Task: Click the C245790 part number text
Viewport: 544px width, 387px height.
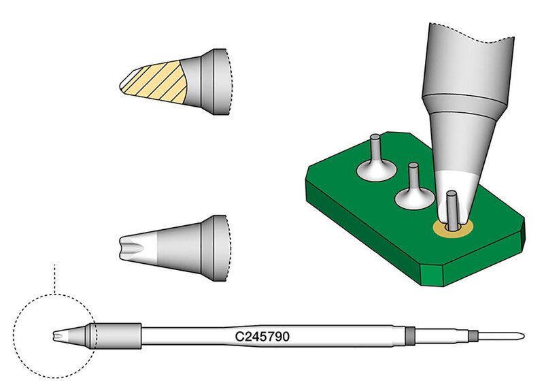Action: (x=262, y=336)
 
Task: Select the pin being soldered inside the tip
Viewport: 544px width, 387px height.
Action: (x=452, y=210)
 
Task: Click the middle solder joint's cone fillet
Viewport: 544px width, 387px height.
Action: (x=414, y=199)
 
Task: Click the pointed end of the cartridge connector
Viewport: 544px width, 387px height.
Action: (x=523, y=336)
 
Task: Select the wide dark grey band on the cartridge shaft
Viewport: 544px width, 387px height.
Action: (x=410, y=336)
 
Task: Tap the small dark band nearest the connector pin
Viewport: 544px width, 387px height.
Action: (x=472, y=336)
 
